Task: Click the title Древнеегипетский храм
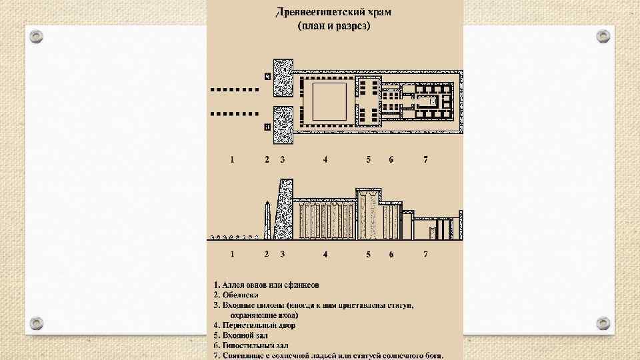(334, 13)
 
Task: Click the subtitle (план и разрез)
(334, 26)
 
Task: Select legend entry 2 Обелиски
(236, 294)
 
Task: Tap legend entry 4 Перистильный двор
(254, 325)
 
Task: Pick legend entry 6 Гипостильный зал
(251, 345)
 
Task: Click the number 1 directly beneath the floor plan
(232, 159)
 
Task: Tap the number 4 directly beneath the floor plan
(325, 159)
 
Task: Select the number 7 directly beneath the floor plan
(425, 159)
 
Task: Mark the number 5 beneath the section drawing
(368, 254)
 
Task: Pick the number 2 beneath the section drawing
(266, 254)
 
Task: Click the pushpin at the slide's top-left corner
(37, 35)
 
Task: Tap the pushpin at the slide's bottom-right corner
(603, 322)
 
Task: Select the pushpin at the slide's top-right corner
(603, 35)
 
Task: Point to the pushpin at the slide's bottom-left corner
(37, 322)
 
